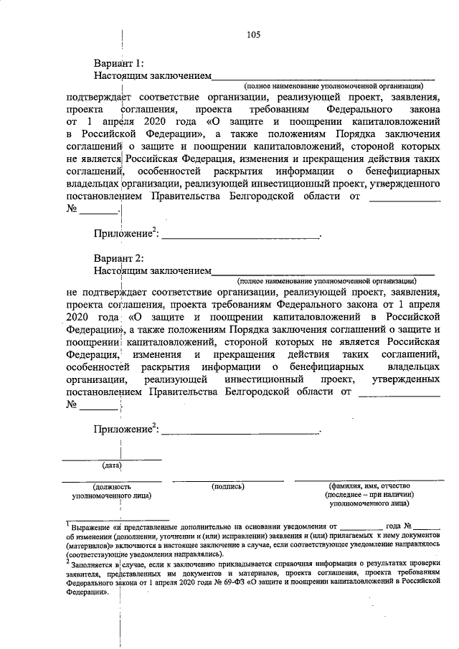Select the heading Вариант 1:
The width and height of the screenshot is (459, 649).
click(x=119, y=63)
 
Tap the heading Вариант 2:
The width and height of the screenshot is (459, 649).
click(x=119, y=258)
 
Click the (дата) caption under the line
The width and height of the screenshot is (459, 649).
click(x=111, y=465)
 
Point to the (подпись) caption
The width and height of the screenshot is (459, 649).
click(x=229, y=486)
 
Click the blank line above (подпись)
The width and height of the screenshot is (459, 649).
click(x=229, y=479)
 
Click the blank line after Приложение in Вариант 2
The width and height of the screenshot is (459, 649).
click(x=240, y=431)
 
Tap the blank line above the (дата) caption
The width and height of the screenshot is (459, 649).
click(x=111, y=458)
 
